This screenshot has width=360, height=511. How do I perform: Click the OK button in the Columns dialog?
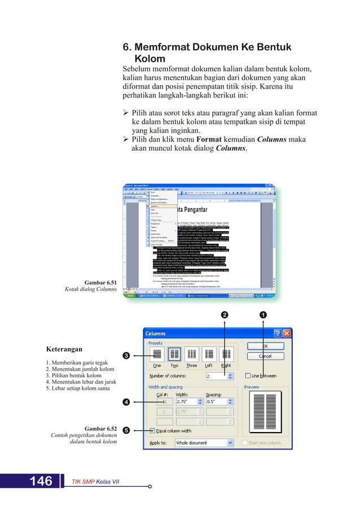(x=265, y=346)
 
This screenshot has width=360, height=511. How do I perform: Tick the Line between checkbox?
(x=248, y=376)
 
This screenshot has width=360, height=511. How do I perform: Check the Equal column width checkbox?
(x=153, y=430)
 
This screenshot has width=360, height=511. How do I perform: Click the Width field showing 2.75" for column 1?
(x=187, y=402)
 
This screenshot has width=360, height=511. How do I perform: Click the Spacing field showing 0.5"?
(x=217, y=402)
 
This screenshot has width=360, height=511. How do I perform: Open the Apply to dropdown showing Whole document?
(x=203, y=443)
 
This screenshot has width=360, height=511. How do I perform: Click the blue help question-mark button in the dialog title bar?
(x=277, y=333)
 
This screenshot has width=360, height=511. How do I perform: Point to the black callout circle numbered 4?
(x=127, y=402)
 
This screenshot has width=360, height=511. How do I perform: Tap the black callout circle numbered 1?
(x=264, y=314)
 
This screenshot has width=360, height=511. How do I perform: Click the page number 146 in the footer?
(x=41, y=481)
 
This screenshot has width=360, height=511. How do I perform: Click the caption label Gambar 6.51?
(x=100, y=282)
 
